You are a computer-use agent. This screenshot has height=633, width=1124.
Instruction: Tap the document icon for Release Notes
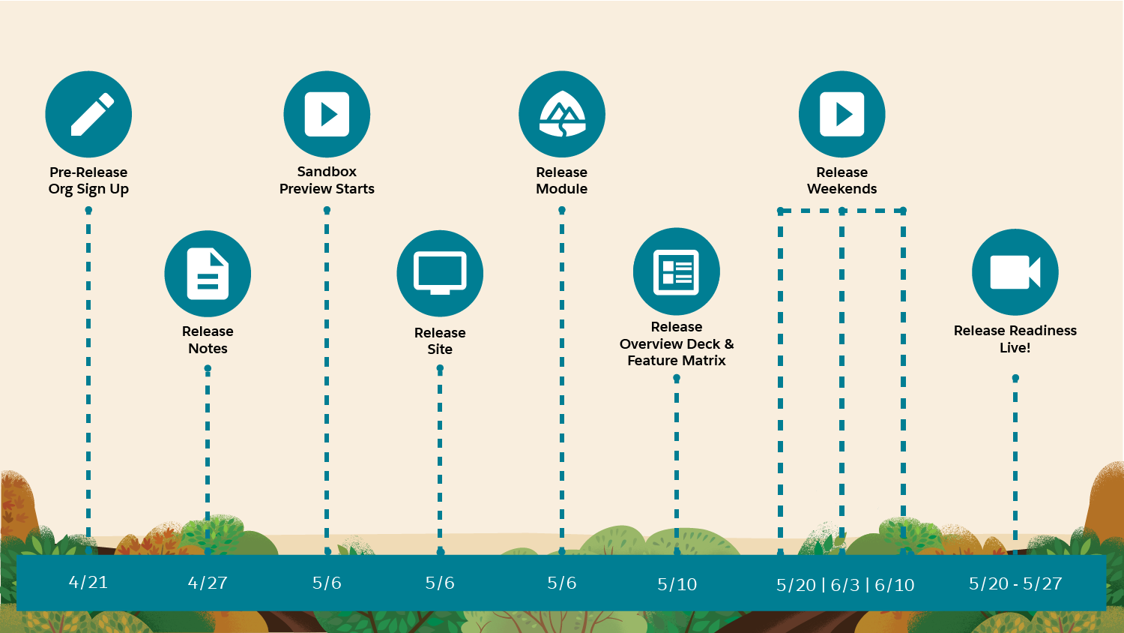coord(208,274)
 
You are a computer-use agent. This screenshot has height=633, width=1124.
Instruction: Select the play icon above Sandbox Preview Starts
coord(327,114)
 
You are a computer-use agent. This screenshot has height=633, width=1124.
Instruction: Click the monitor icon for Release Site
coord(440,274)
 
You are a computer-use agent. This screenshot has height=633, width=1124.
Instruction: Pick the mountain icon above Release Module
coord(562,114)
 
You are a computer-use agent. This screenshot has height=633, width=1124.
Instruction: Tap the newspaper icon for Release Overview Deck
coord(677,271)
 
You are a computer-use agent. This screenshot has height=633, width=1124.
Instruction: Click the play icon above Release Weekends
coord(842,114)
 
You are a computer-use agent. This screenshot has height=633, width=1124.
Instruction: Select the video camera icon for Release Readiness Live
coord(1015,272)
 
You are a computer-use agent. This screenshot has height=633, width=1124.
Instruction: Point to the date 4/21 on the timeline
coord(88,583)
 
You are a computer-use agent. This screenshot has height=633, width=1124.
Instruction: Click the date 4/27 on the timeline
coord(208,583)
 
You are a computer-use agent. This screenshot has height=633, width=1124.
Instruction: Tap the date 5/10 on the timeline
coord(677,584)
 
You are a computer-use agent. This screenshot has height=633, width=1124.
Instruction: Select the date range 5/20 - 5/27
coord(1015,583)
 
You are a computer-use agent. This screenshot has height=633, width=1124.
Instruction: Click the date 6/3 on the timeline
coord(845,585)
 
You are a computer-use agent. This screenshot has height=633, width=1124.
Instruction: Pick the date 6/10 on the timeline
coord(895,585)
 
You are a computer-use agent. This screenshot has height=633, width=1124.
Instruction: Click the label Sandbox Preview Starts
coord(327,180)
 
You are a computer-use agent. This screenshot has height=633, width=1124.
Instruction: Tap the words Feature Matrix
coord(677,361)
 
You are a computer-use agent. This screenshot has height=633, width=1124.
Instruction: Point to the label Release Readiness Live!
coord(1015,339)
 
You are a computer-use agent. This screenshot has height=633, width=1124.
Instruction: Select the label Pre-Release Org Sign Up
coord(88,181)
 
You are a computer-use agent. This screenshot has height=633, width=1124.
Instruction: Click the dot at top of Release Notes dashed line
coord(208,369)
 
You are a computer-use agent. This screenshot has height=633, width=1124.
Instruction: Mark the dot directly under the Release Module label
coord(562,210)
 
